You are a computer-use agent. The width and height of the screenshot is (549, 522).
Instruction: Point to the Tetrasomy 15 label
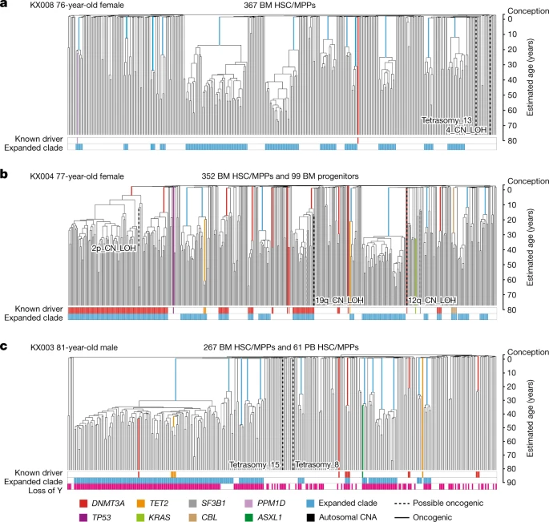254,464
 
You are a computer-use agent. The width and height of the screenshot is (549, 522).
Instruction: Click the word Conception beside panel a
524,6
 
